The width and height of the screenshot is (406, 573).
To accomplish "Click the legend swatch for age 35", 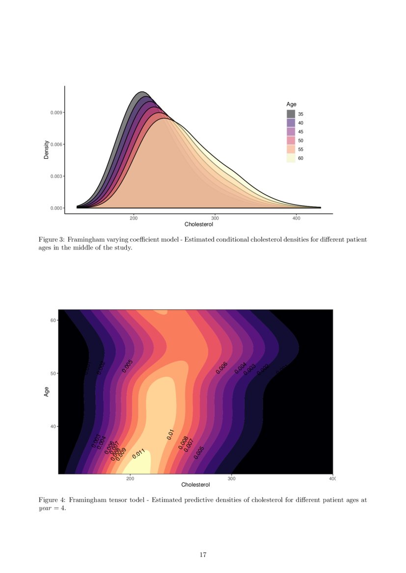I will [291, 114].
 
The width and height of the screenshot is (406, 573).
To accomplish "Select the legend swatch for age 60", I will [291, 158].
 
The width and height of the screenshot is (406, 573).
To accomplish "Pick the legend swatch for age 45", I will [291, 131].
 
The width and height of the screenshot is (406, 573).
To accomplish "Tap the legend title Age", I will [291, 104].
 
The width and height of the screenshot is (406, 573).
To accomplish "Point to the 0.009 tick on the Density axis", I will [56, 113].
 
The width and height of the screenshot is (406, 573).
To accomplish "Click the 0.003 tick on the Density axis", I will [56, 176].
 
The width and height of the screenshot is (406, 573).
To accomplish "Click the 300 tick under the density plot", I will [215, 218].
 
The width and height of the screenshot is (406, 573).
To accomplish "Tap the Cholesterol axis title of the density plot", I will [199, 224].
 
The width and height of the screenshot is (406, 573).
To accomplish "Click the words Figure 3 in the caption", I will [51, 240].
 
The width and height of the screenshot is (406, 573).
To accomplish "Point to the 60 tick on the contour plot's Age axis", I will [54, 320].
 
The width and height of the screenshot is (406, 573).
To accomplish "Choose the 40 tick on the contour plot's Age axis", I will [54, 426].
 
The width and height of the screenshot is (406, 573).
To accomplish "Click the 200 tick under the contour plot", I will [131, 478].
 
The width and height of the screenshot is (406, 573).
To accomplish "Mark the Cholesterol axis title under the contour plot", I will [196, 485].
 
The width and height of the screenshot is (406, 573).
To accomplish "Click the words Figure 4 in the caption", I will [51, 500].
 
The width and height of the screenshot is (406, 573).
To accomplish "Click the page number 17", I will [203, 555].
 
